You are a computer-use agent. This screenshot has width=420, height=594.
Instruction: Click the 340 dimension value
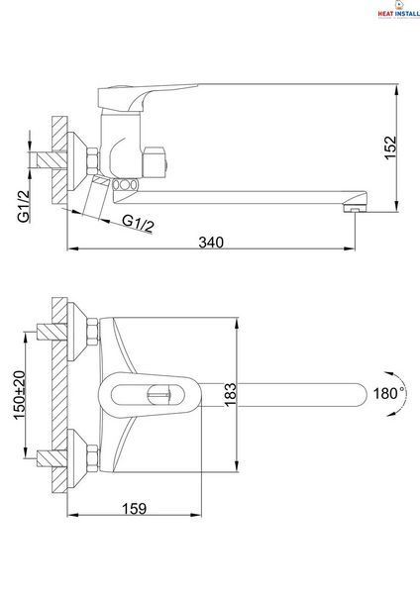211,243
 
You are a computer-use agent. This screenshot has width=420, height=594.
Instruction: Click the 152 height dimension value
390,148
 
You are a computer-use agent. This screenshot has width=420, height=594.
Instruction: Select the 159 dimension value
134,509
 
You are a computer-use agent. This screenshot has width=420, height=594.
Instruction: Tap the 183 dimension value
230,395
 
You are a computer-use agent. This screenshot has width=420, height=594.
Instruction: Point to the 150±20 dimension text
20,395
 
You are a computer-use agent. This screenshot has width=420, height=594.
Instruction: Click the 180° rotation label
387,394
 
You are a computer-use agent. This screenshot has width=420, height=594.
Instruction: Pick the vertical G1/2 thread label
24,206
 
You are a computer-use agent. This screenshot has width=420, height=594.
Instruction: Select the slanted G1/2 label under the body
139,224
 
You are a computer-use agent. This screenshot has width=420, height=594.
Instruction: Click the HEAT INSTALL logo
398,10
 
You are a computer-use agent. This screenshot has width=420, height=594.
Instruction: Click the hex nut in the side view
92,161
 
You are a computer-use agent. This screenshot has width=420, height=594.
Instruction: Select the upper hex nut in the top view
92,332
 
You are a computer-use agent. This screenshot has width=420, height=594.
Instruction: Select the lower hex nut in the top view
92,457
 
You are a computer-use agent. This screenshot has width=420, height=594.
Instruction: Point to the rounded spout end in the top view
361,395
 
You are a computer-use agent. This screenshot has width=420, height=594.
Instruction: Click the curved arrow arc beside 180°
402,394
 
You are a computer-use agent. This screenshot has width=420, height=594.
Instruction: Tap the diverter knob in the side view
155,162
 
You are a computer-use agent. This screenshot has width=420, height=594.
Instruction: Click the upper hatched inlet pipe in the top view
52,332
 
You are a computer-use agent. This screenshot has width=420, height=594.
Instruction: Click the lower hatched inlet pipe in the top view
52,458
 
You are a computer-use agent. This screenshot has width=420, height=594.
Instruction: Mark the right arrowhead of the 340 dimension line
350,248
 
